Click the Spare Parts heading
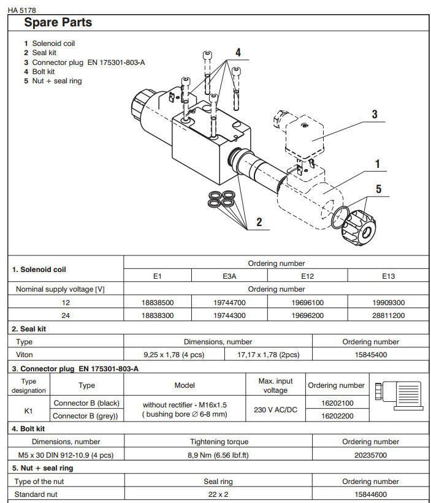click(58, 23)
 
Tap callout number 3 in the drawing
click(374, 114)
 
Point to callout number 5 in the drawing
click(378, 189)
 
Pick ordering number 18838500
click(158, 303)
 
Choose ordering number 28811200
click(388, 316)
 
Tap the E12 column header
click(308, 276)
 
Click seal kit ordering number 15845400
click(370, 354)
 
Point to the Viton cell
click(25, 354)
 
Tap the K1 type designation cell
click(29, 410)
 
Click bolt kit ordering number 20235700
click(370, 455)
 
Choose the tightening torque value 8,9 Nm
click(218, 455)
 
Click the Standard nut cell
click(36, 494)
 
